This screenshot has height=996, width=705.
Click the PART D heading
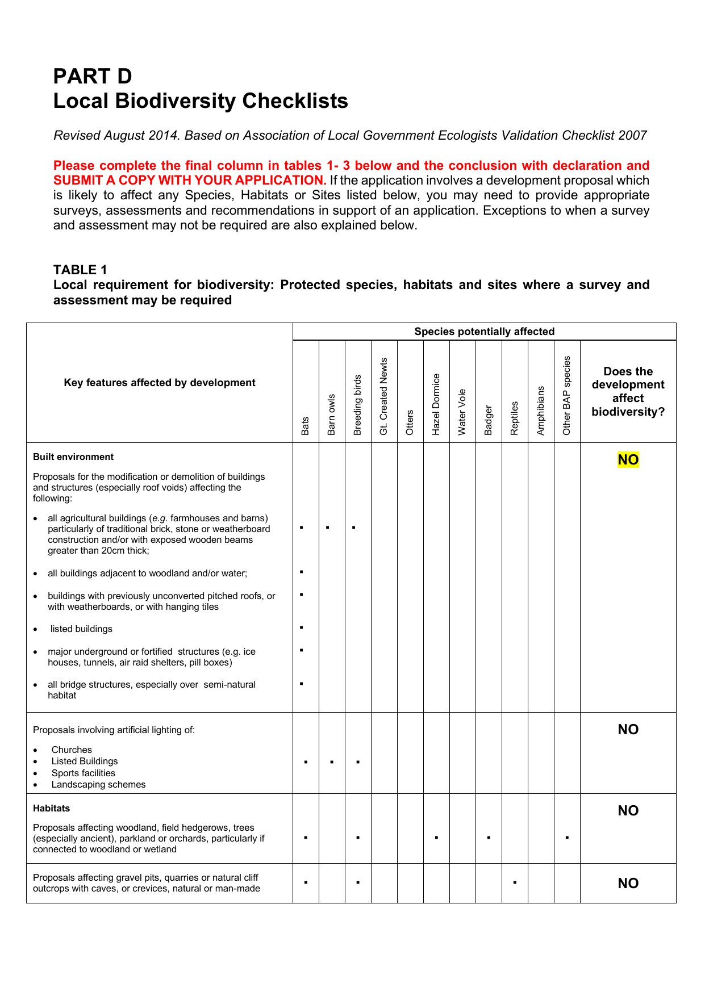(93, 76)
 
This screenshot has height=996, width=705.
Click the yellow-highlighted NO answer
(628, 459)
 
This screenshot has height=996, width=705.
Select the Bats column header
(306, 425)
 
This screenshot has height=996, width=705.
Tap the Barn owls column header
(332, 415)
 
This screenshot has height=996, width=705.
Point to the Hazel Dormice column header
(436, 404)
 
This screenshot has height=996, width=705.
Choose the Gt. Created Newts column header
(384, 396)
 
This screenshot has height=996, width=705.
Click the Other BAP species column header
(567, 396)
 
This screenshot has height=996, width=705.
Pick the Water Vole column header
(462, 412)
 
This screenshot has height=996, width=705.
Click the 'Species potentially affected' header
(484, 332)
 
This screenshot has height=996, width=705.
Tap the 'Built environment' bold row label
(73, 457)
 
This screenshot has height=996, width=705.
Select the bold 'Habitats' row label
(51, 808)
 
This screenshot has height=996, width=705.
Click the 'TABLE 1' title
(80, 270)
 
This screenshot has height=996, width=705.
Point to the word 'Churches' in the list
(72, 750)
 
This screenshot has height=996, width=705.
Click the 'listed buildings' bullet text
(81, 629)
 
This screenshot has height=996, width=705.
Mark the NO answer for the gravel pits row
(628, 883)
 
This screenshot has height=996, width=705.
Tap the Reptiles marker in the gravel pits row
(515, 882)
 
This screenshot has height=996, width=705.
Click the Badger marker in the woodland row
(489, 838)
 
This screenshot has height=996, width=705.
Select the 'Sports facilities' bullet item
(83, 773)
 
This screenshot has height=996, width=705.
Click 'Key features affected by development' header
(160, 383)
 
